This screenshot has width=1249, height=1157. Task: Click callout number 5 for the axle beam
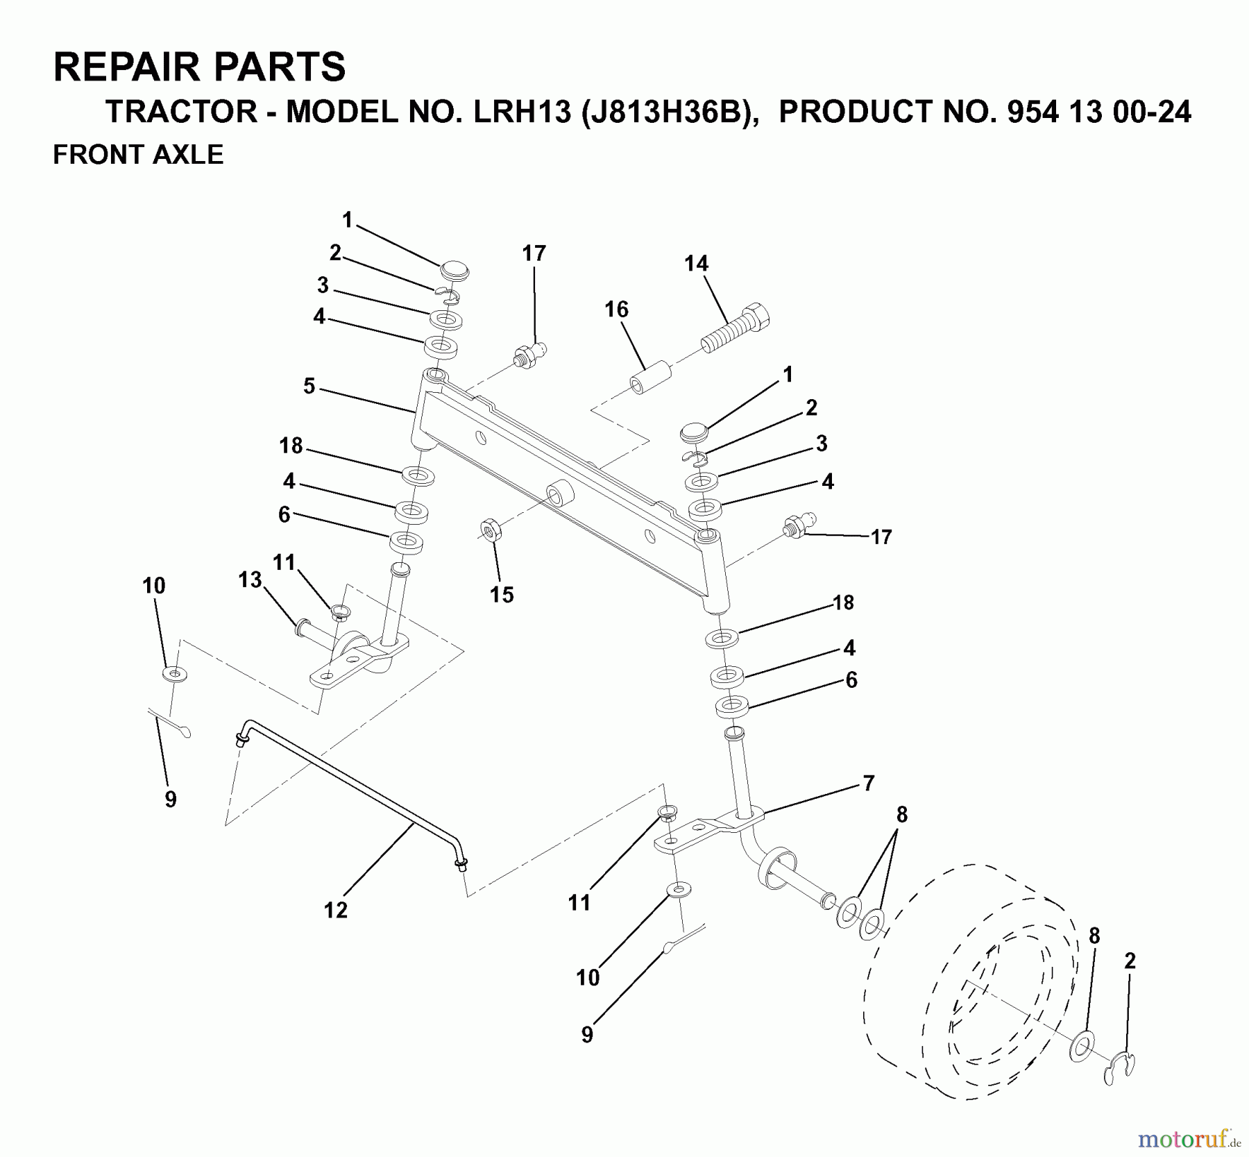[x=309, y=386]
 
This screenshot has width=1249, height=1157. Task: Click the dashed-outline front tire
[x=971, y=986]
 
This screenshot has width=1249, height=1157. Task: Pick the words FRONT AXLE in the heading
[x=138, y=154]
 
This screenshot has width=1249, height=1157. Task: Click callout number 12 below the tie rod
[x=335, y=910]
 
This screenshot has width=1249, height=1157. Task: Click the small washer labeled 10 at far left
[x=174, y=673]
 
